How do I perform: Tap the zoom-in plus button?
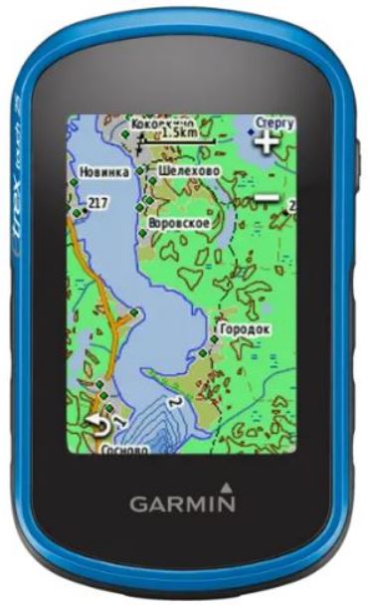pos(266,141)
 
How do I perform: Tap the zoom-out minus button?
pos(266,197)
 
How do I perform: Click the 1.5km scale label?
pos(180,132)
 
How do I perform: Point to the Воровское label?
pos(178,223)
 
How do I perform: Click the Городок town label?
pos(245,327)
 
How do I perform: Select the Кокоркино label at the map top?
pos(159,120)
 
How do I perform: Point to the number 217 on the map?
pos(96,203)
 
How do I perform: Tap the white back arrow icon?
pos(95,425)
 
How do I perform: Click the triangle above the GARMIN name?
pos(228,487)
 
